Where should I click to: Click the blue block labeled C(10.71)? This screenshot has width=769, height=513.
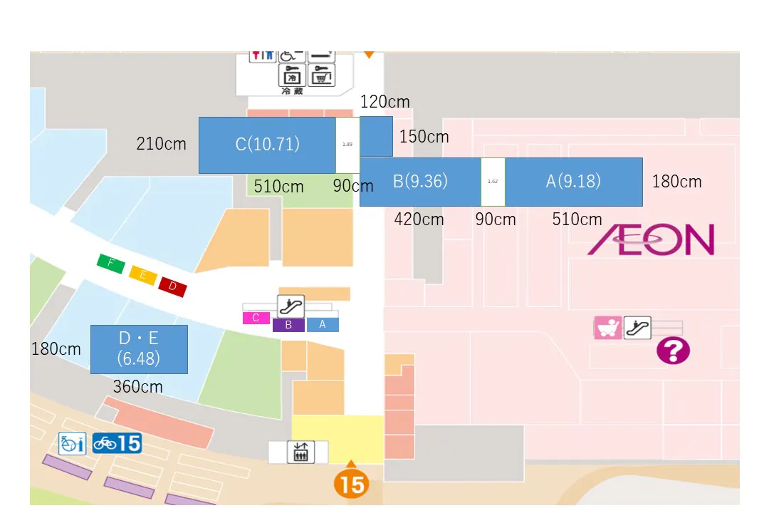point(267,145)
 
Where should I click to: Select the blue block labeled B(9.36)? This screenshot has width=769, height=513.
point(420,182)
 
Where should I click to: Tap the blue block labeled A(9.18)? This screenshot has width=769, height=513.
point(573,182)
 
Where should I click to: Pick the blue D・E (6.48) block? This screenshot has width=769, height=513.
point(139,349)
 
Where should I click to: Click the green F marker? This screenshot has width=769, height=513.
point(110,264)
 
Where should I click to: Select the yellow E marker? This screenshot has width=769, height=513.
point(142,276)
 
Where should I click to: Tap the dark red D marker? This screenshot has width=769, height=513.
point(172,286)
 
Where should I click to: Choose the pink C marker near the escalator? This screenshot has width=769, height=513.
point(256,318)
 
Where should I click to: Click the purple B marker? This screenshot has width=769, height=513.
point(288,325)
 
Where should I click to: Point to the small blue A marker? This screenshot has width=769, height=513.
point(323,324)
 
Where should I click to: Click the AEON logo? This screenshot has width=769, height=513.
point(651,240)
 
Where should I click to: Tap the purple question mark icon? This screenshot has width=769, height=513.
point(673,351)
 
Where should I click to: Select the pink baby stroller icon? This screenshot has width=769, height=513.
point(608,328)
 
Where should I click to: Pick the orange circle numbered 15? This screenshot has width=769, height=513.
point(351,484)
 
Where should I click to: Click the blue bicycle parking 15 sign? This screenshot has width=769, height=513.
point(117,443)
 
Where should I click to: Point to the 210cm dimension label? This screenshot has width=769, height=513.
point(162,144)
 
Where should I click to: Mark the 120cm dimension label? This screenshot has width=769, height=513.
point(385,102)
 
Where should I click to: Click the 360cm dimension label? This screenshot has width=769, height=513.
point(138,387)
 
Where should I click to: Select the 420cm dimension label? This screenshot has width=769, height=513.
point(419,219)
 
